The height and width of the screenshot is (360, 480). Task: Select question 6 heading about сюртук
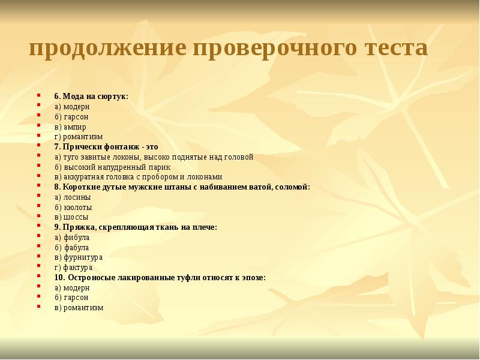91,96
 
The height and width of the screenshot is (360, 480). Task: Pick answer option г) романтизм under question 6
78,137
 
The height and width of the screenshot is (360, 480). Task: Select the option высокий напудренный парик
112,167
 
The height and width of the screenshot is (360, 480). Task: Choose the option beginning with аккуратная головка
138,177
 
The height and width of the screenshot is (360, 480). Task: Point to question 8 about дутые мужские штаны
182,187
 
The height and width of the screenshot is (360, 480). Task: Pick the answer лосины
73,197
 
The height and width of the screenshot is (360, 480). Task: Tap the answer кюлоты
73,207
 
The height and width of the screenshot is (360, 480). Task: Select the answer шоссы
71,217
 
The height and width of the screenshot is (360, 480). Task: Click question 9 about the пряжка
135,227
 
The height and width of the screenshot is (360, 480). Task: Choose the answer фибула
71,237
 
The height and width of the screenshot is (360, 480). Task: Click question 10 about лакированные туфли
160,277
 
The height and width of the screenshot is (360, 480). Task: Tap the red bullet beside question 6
39,96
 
